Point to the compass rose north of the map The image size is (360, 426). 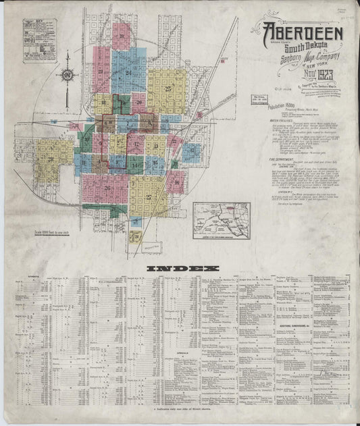tap(69, 76)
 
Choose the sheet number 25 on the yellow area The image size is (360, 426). tap(166, 88)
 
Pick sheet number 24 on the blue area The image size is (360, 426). tap(101, 71)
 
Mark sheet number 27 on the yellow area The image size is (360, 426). tap(148, 197)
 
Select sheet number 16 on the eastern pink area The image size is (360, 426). tap(176, 182)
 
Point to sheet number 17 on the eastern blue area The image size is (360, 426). tap(192, 153)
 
